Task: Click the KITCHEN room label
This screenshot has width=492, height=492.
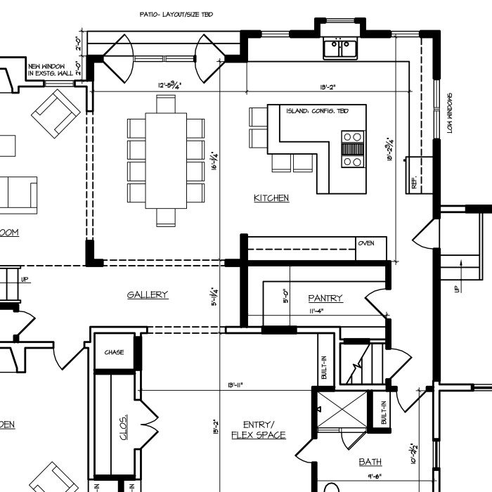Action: pyautogui.click(x=271, y=198)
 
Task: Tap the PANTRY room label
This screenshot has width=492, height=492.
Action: pyautogui.click(x=325, y=298)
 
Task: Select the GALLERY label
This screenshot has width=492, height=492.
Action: pyautogui.click(x=148, y=294)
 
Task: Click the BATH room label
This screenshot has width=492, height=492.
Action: pyautogui.click(x=370, y=462)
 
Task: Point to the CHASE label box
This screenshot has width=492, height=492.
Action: pyautogui.click(x=114, y=352)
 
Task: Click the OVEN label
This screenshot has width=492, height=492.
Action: pyautogui.click(x=366, y=243)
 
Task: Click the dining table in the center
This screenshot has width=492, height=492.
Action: pyautogui.click(x=166, y=161)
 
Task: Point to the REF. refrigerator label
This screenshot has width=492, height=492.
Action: pyautogui.click(x=415, y=183)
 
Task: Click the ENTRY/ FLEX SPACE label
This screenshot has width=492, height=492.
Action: pyautogui.click(x=259, y=429)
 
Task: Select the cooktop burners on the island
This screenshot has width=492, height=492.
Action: pyautogui.click(x=352, y=149)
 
